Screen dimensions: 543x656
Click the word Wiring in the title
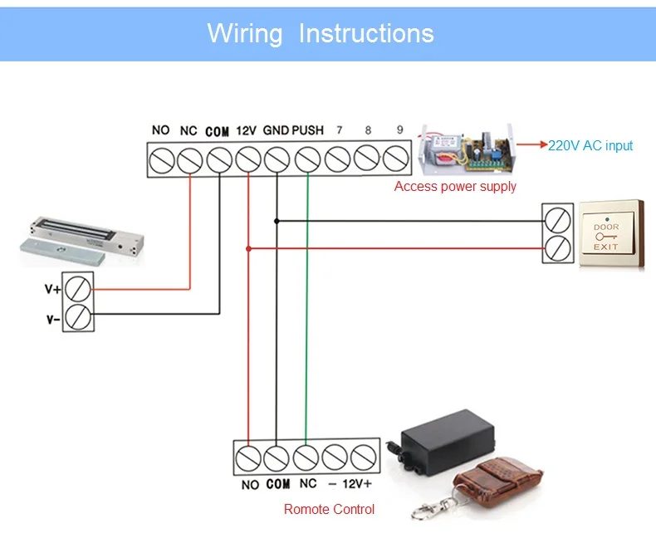coord(247,33)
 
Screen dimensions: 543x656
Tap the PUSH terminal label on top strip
coord(307,130)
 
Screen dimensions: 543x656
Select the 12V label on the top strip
coord(246,130)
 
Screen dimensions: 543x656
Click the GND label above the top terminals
coord(276,130)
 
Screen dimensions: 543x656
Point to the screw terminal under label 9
coord(397,158)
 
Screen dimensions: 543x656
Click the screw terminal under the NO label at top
coord(160,158)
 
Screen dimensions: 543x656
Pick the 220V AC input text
coord(590,146)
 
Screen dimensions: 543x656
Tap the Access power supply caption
coord(455,187)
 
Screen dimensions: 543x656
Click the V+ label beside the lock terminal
coord(53,290)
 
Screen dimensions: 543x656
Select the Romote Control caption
coord(329,509)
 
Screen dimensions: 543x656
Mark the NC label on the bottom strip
coord(308,484)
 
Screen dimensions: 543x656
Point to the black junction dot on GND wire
coord(277,221)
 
